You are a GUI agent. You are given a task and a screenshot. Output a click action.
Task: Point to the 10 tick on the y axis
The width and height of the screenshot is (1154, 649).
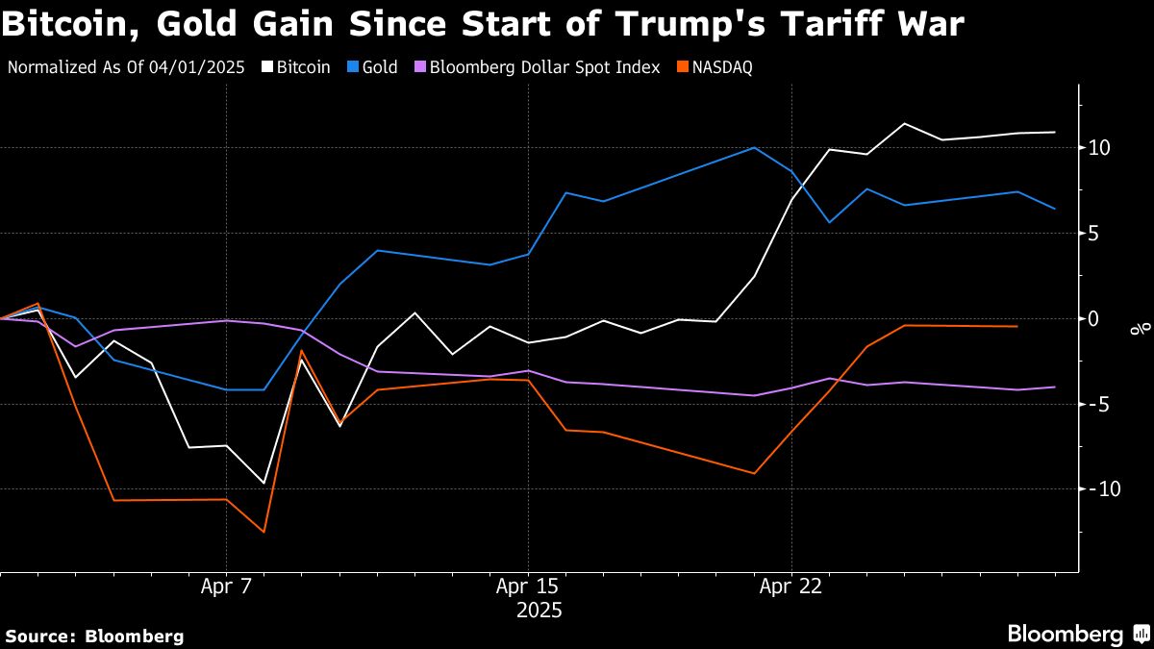coord(1100,148)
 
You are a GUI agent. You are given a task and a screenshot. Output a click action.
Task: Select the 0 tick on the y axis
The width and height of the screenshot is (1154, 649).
coord(1094,318)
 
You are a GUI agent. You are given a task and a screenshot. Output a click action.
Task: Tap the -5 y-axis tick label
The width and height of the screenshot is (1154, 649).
coord(1097,404)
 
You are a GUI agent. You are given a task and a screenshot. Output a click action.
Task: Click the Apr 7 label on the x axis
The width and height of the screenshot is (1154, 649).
coord(226,587)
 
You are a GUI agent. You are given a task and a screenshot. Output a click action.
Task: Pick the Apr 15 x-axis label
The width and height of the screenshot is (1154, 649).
coord(527,587)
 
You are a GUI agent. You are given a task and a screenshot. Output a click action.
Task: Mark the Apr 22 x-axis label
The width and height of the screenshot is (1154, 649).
coord(790,587)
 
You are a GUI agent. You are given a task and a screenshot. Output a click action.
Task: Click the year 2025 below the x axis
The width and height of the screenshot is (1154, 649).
coord(539,611)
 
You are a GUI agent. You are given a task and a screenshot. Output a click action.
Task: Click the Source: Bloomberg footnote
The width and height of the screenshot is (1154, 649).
coord(94,636)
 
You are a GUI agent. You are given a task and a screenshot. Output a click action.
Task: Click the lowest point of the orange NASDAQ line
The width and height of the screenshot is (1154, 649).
coord(263,532)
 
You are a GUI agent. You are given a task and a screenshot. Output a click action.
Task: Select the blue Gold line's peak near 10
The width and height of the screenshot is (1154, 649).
coord(754,148)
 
